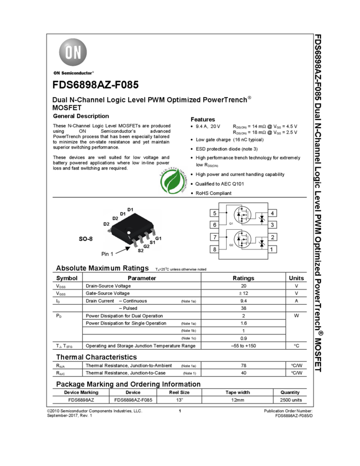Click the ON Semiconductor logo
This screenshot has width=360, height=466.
pyautogui.click(x=73, y=55)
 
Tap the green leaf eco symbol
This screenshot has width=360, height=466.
pyautogui.click(x=173, y=181)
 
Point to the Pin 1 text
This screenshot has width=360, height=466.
pyautogui.click(x=108, y=254)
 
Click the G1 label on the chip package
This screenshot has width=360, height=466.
pyautogui.click(x=158, y=238)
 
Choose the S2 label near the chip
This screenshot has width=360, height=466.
pyautogui.click(x=141, y=250)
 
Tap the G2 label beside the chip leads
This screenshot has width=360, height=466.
pyautogui.click(x=147, y=246)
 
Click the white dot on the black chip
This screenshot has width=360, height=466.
pyautogui.click(x=129, y=233)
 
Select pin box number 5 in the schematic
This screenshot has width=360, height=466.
pyautogui.click(x=214, y=213)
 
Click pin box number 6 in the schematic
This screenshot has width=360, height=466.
pyautogui.click(x=214, y=225)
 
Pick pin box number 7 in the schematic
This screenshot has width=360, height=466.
pyautogui.click(x=214, y=237)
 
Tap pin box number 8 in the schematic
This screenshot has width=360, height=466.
pyautogui.click(x=214, y=249)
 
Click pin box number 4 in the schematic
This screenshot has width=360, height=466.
pyautogui.click(x=272, y=213)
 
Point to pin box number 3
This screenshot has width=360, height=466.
pyautogui.click(x=272, y=225)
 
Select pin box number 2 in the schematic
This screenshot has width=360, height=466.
pyautogui.click(x=272, y=237)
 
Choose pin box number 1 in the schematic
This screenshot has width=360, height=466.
pyautogui.click(x=272, y=249)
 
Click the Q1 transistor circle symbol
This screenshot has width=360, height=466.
pyautogui.click(x=242, y=215)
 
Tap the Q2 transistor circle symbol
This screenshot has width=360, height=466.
pyautogui.click(x=242, y=240)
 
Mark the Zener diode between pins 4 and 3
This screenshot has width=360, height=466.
pyautogui.click(x=261, y=219)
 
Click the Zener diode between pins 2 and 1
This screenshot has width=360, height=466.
pyautogui.click(x=261, y=243)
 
